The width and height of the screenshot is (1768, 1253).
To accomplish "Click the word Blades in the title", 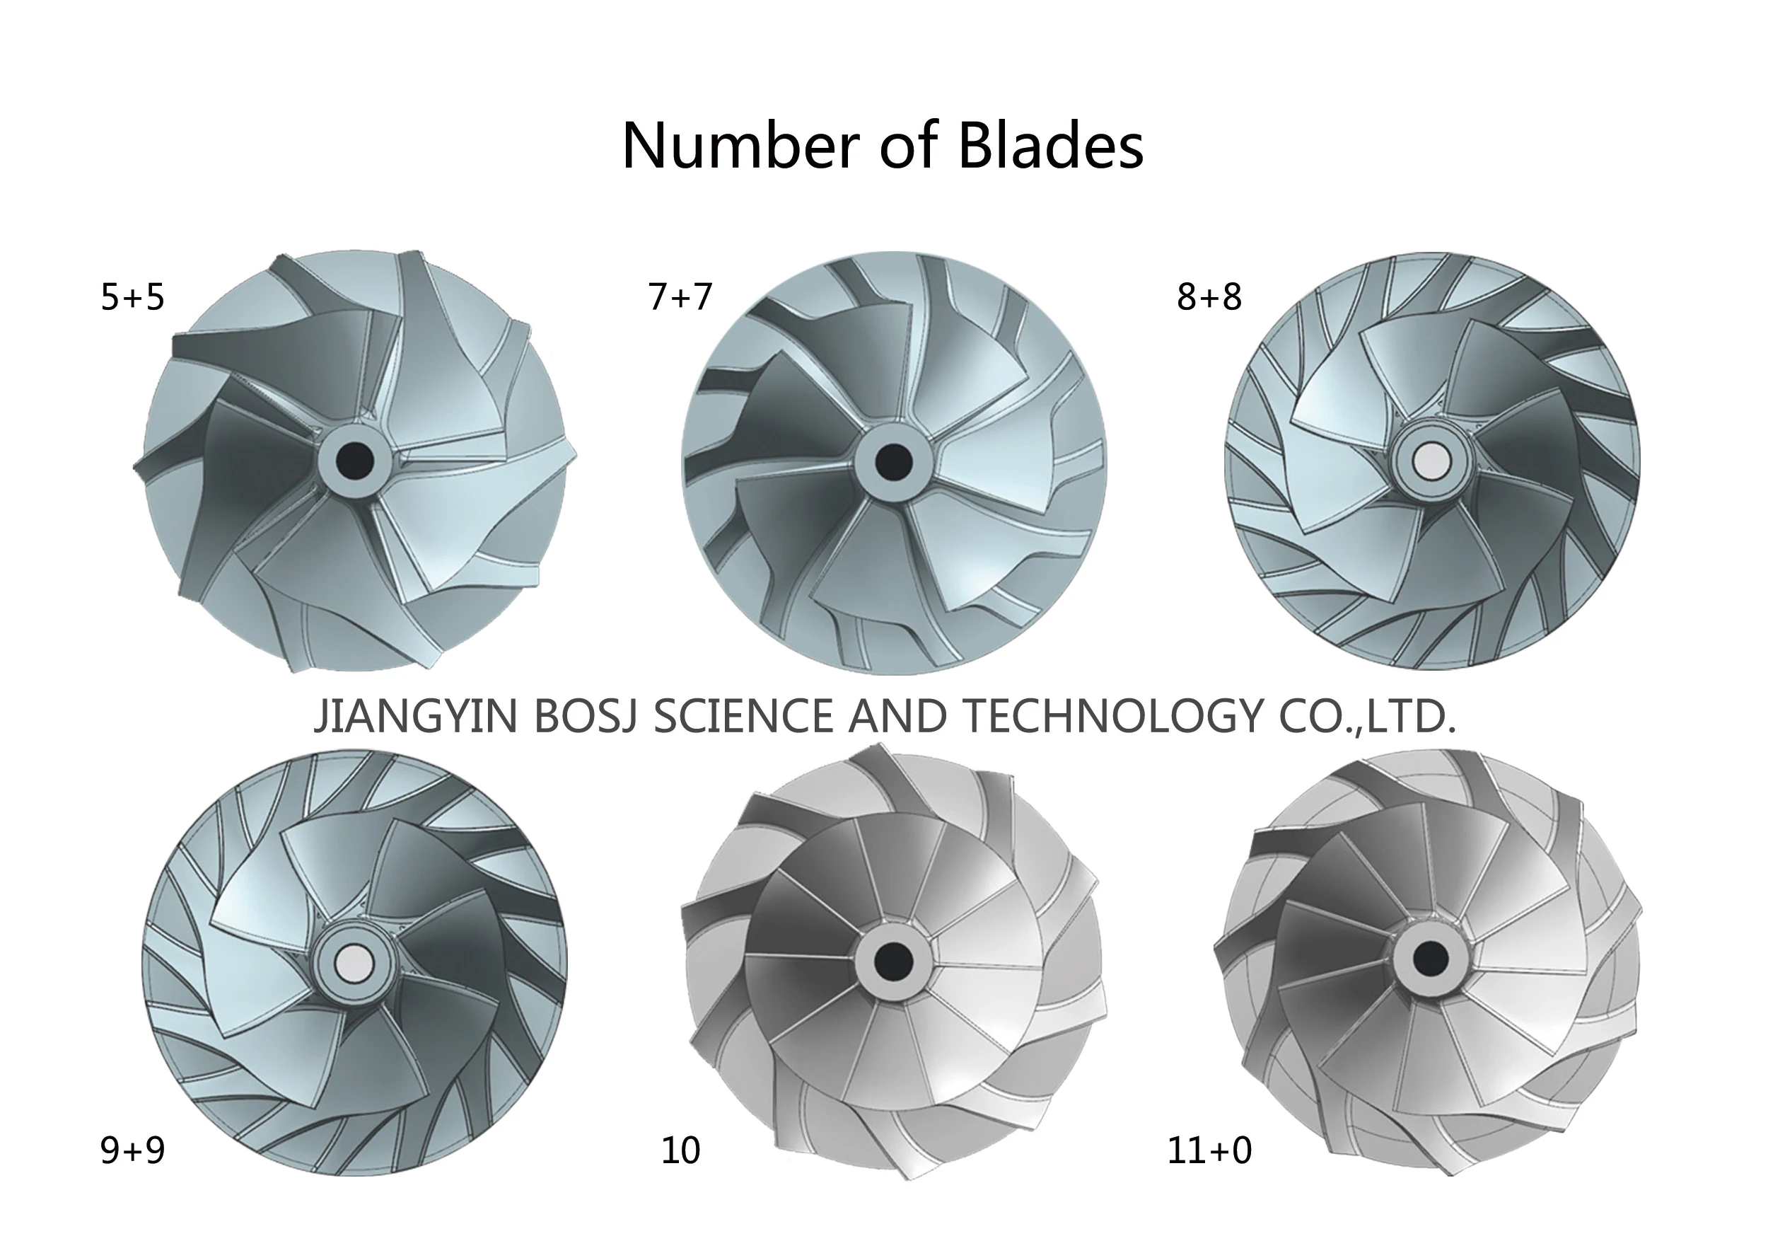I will pyautogui.click(x=1050, y=145).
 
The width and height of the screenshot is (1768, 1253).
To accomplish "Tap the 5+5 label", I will pyautogui.click(x=133, y=297).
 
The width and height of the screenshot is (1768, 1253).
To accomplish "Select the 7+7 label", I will pyautogui.click(x=680, y=297).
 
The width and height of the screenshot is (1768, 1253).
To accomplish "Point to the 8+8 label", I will pyautogui.click(x=1209, y=297).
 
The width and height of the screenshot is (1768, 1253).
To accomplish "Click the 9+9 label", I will pyautogui.click(x=133, y=1150).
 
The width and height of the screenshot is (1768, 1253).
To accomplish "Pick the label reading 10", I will pyautogui.click(x=680, y=1150).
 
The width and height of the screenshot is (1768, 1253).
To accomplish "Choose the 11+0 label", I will pyautogui.click(x=1209, y=1150).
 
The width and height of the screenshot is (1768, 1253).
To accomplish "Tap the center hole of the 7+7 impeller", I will pyautogui.click(x=895, y=461).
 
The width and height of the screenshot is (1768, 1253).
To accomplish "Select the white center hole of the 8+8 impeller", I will pyautogui.click(x=1432, y=461).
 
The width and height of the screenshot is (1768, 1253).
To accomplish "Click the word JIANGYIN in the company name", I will pyautogui.click(x=416, y=715).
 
